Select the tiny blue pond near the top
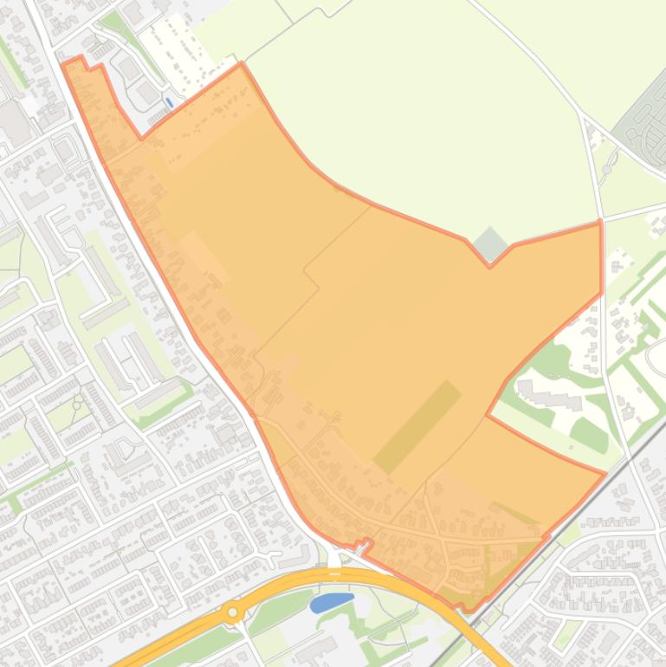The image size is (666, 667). point(169,101)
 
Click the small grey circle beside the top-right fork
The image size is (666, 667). point(607,168)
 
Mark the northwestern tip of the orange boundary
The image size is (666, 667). point(65,63)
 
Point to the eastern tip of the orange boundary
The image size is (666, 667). point(604,472)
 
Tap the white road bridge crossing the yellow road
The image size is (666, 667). point(335,562)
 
